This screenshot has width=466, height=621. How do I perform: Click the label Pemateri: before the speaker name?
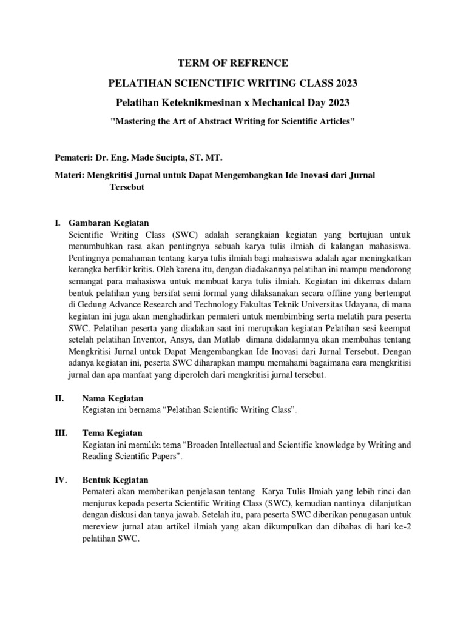(x=72, y=158)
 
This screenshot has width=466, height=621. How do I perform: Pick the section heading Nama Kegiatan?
(x=112, y=398)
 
